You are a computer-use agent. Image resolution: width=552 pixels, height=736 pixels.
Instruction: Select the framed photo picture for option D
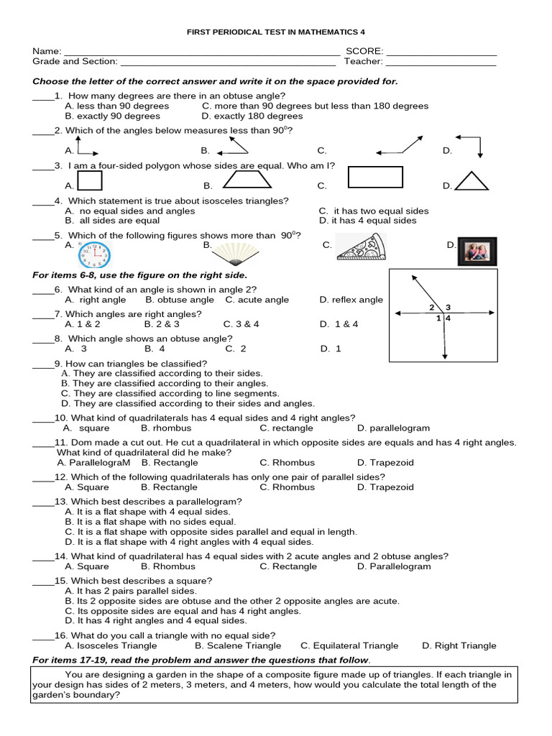tap(477, 251)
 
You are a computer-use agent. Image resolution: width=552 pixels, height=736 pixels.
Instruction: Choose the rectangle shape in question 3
tap(375, 177)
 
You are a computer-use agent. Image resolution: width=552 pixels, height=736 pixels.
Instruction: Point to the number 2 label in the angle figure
tap(433, 308)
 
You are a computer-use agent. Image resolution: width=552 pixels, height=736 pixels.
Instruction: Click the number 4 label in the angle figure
tap(448, 318)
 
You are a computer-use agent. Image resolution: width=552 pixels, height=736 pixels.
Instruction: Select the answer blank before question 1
tap(42, 96)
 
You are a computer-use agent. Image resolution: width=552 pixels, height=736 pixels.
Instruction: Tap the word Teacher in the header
tap(362, 62)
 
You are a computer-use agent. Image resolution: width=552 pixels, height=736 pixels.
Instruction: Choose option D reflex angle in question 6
tap(351, 300)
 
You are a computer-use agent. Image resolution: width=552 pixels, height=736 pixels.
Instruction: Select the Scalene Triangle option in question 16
tap(237, 645)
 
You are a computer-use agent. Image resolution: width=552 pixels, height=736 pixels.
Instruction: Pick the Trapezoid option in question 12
tap(385, 487)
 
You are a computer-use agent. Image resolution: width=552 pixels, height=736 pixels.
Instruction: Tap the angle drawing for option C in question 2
tap(398, 144)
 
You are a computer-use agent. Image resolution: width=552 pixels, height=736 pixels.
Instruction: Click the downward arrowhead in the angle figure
tap(445, 355)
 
